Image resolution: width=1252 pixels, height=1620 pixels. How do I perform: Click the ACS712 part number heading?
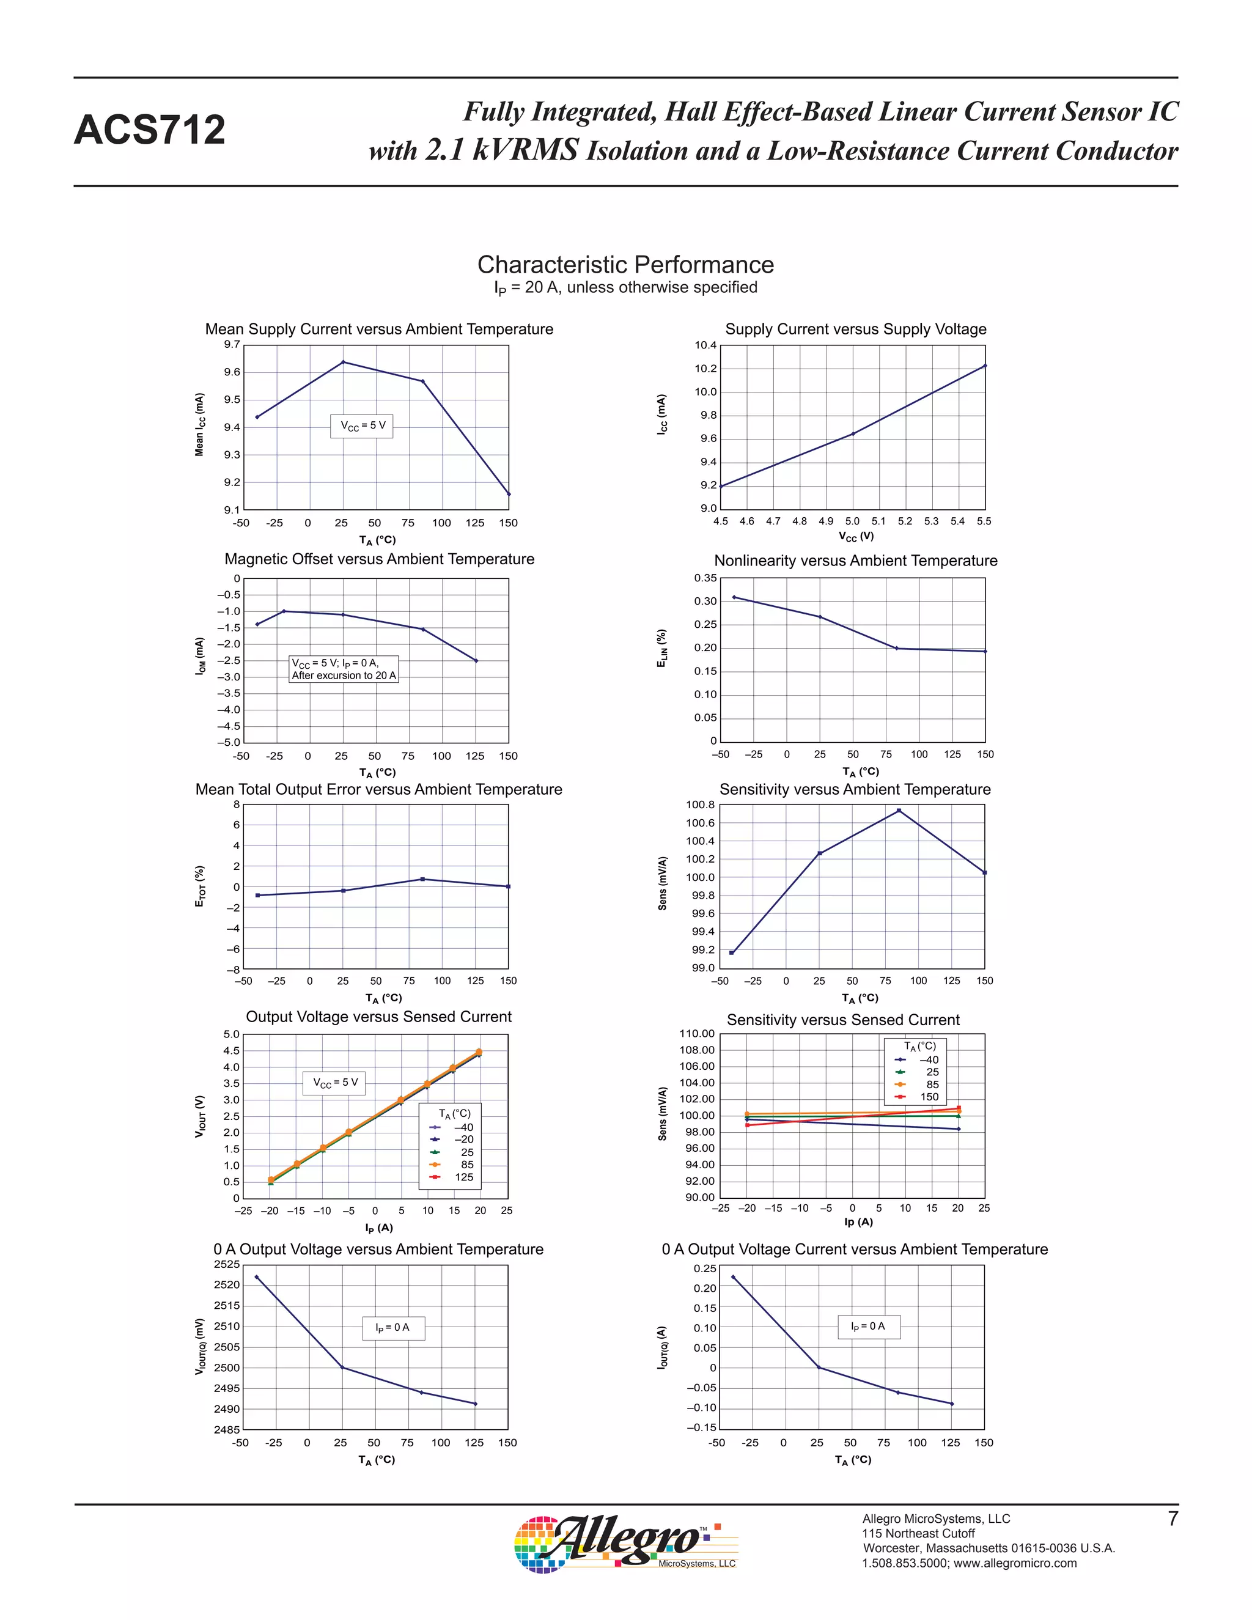[149, 131]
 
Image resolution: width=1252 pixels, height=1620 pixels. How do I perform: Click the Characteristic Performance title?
[625, 265]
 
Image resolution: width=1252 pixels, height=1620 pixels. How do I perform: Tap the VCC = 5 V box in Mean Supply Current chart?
[362, 425]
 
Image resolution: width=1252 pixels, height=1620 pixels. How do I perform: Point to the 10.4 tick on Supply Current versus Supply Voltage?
[705, 345]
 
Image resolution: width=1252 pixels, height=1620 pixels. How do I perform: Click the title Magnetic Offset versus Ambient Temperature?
[379, 559]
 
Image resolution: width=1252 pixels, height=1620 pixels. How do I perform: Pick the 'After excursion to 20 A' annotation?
[344, 676]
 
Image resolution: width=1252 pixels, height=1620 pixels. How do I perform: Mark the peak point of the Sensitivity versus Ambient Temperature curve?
[899, 811]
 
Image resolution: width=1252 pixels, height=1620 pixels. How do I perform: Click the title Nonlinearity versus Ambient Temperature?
[855, 561]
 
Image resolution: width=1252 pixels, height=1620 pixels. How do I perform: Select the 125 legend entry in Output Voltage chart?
[463, 1177]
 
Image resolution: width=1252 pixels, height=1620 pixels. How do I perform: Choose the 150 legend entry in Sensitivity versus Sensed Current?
[929, 1097]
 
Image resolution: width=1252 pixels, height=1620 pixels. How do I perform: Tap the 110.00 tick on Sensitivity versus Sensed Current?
[697, 1034]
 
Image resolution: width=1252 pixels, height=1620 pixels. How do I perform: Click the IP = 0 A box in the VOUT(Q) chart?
[393, 1327]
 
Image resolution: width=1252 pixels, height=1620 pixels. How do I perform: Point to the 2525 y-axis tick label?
[227, 1264]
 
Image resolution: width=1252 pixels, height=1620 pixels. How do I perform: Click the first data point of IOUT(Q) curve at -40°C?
[733, 1276]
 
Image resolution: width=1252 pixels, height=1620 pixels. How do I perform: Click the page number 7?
[1173, 1519]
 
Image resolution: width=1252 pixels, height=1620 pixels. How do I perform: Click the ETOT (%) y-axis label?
[199, 886]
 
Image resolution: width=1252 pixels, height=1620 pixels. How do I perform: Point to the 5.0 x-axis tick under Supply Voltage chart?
[852, 521]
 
